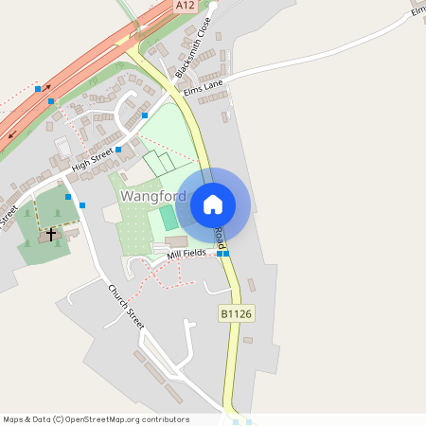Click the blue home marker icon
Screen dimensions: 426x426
click(x=213, y=204)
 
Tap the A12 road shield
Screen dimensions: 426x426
click(x=186, y=6)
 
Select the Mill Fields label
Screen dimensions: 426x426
click(x=186, y=255)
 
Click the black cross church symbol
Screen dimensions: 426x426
click(x=51, y=233)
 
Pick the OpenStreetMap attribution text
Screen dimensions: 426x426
click(x=96, y=419)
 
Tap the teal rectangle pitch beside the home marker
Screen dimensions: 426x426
click(x=169, y=218)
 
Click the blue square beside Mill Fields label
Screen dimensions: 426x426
click(x=222, y=254)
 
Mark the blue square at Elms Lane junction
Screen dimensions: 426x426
click(x=145, y=115)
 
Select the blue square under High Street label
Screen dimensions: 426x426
click(x=118, y=150)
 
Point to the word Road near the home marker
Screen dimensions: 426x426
click(x=220, y=237)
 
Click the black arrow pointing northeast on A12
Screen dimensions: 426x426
click(x=46, y=88)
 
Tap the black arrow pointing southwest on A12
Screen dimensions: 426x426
click(x=12, y=133)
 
